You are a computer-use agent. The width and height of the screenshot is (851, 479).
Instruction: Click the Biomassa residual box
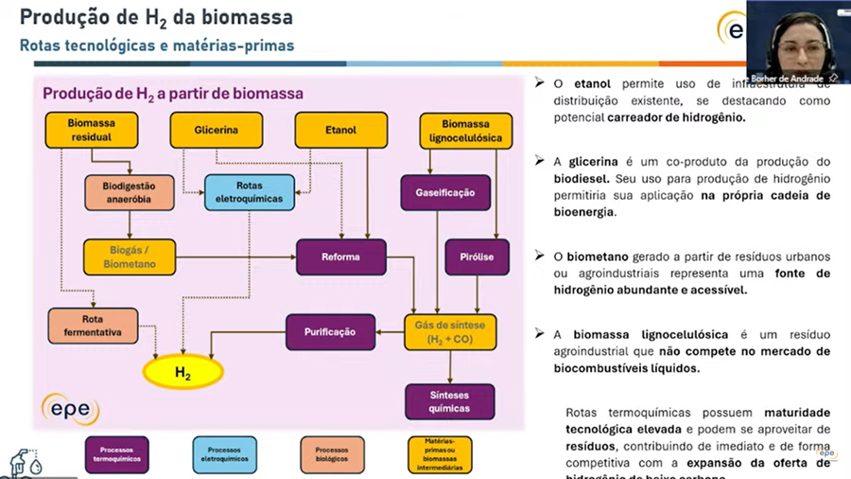tap(90, 130)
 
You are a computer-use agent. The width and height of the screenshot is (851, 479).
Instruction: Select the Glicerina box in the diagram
tap(216, 130)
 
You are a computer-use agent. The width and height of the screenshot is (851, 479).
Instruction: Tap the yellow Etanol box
tap(340, 130)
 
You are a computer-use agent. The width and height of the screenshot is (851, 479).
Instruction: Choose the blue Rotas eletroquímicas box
tap(250, 192)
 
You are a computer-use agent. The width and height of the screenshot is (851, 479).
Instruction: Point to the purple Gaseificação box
tap(444, 193)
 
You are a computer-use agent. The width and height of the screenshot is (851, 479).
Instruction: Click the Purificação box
tap(330, 332)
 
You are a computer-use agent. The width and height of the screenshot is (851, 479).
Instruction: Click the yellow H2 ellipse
tap(182, 373)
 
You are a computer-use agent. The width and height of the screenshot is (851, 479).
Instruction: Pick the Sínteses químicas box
tap(450, 400)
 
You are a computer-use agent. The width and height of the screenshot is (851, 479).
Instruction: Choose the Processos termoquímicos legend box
tap(117, 453)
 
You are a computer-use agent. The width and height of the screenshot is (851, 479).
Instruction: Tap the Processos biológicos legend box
tap(332, 453)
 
